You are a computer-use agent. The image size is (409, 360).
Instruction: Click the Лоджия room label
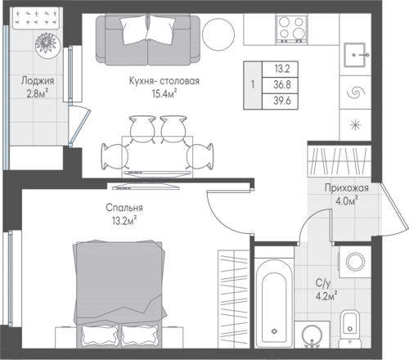click(x=38, y=81)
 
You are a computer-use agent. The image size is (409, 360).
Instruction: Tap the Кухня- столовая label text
click(x=164, y=81)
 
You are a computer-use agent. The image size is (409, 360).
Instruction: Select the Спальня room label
click(x=124, y=208)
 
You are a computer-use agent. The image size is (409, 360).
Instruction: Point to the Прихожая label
click(x=347, y=188)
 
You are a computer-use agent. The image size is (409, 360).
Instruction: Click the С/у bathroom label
click(x=323, y=283)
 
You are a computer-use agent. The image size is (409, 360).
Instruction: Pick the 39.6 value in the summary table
click(x=282, y=101)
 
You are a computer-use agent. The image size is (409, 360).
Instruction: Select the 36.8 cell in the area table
click(x=282, y=85)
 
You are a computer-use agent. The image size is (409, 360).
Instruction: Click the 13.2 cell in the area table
click(x=282, y=69)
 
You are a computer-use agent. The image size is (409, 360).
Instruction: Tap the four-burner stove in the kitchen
click(x=291, y=29)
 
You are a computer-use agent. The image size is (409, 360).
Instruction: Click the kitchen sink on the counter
click(x=354, y=55)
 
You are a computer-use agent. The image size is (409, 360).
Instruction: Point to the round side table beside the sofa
click(x=218, y=34)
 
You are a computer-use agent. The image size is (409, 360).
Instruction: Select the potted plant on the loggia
click(x=47, y=45)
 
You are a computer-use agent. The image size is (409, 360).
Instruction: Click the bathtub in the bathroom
click(x=274, y=304)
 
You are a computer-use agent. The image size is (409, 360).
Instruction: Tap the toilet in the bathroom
click(x=349, y=329)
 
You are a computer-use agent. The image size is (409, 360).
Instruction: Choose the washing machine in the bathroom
click(x=355, y=262)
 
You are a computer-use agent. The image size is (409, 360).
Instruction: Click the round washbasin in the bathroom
click(x=312, y=335)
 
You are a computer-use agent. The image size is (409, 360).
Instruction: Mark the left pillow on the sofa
click(x=134, y=29)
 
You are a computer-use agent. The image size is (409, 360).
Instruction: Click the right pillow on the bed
click(x=140, y=335)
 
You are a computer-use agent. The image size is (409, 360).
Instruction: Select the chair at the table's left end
click(x=115, y=156)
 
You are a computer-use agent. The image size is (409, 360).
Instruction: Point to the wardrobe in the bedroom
click(x=234, y=299)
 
